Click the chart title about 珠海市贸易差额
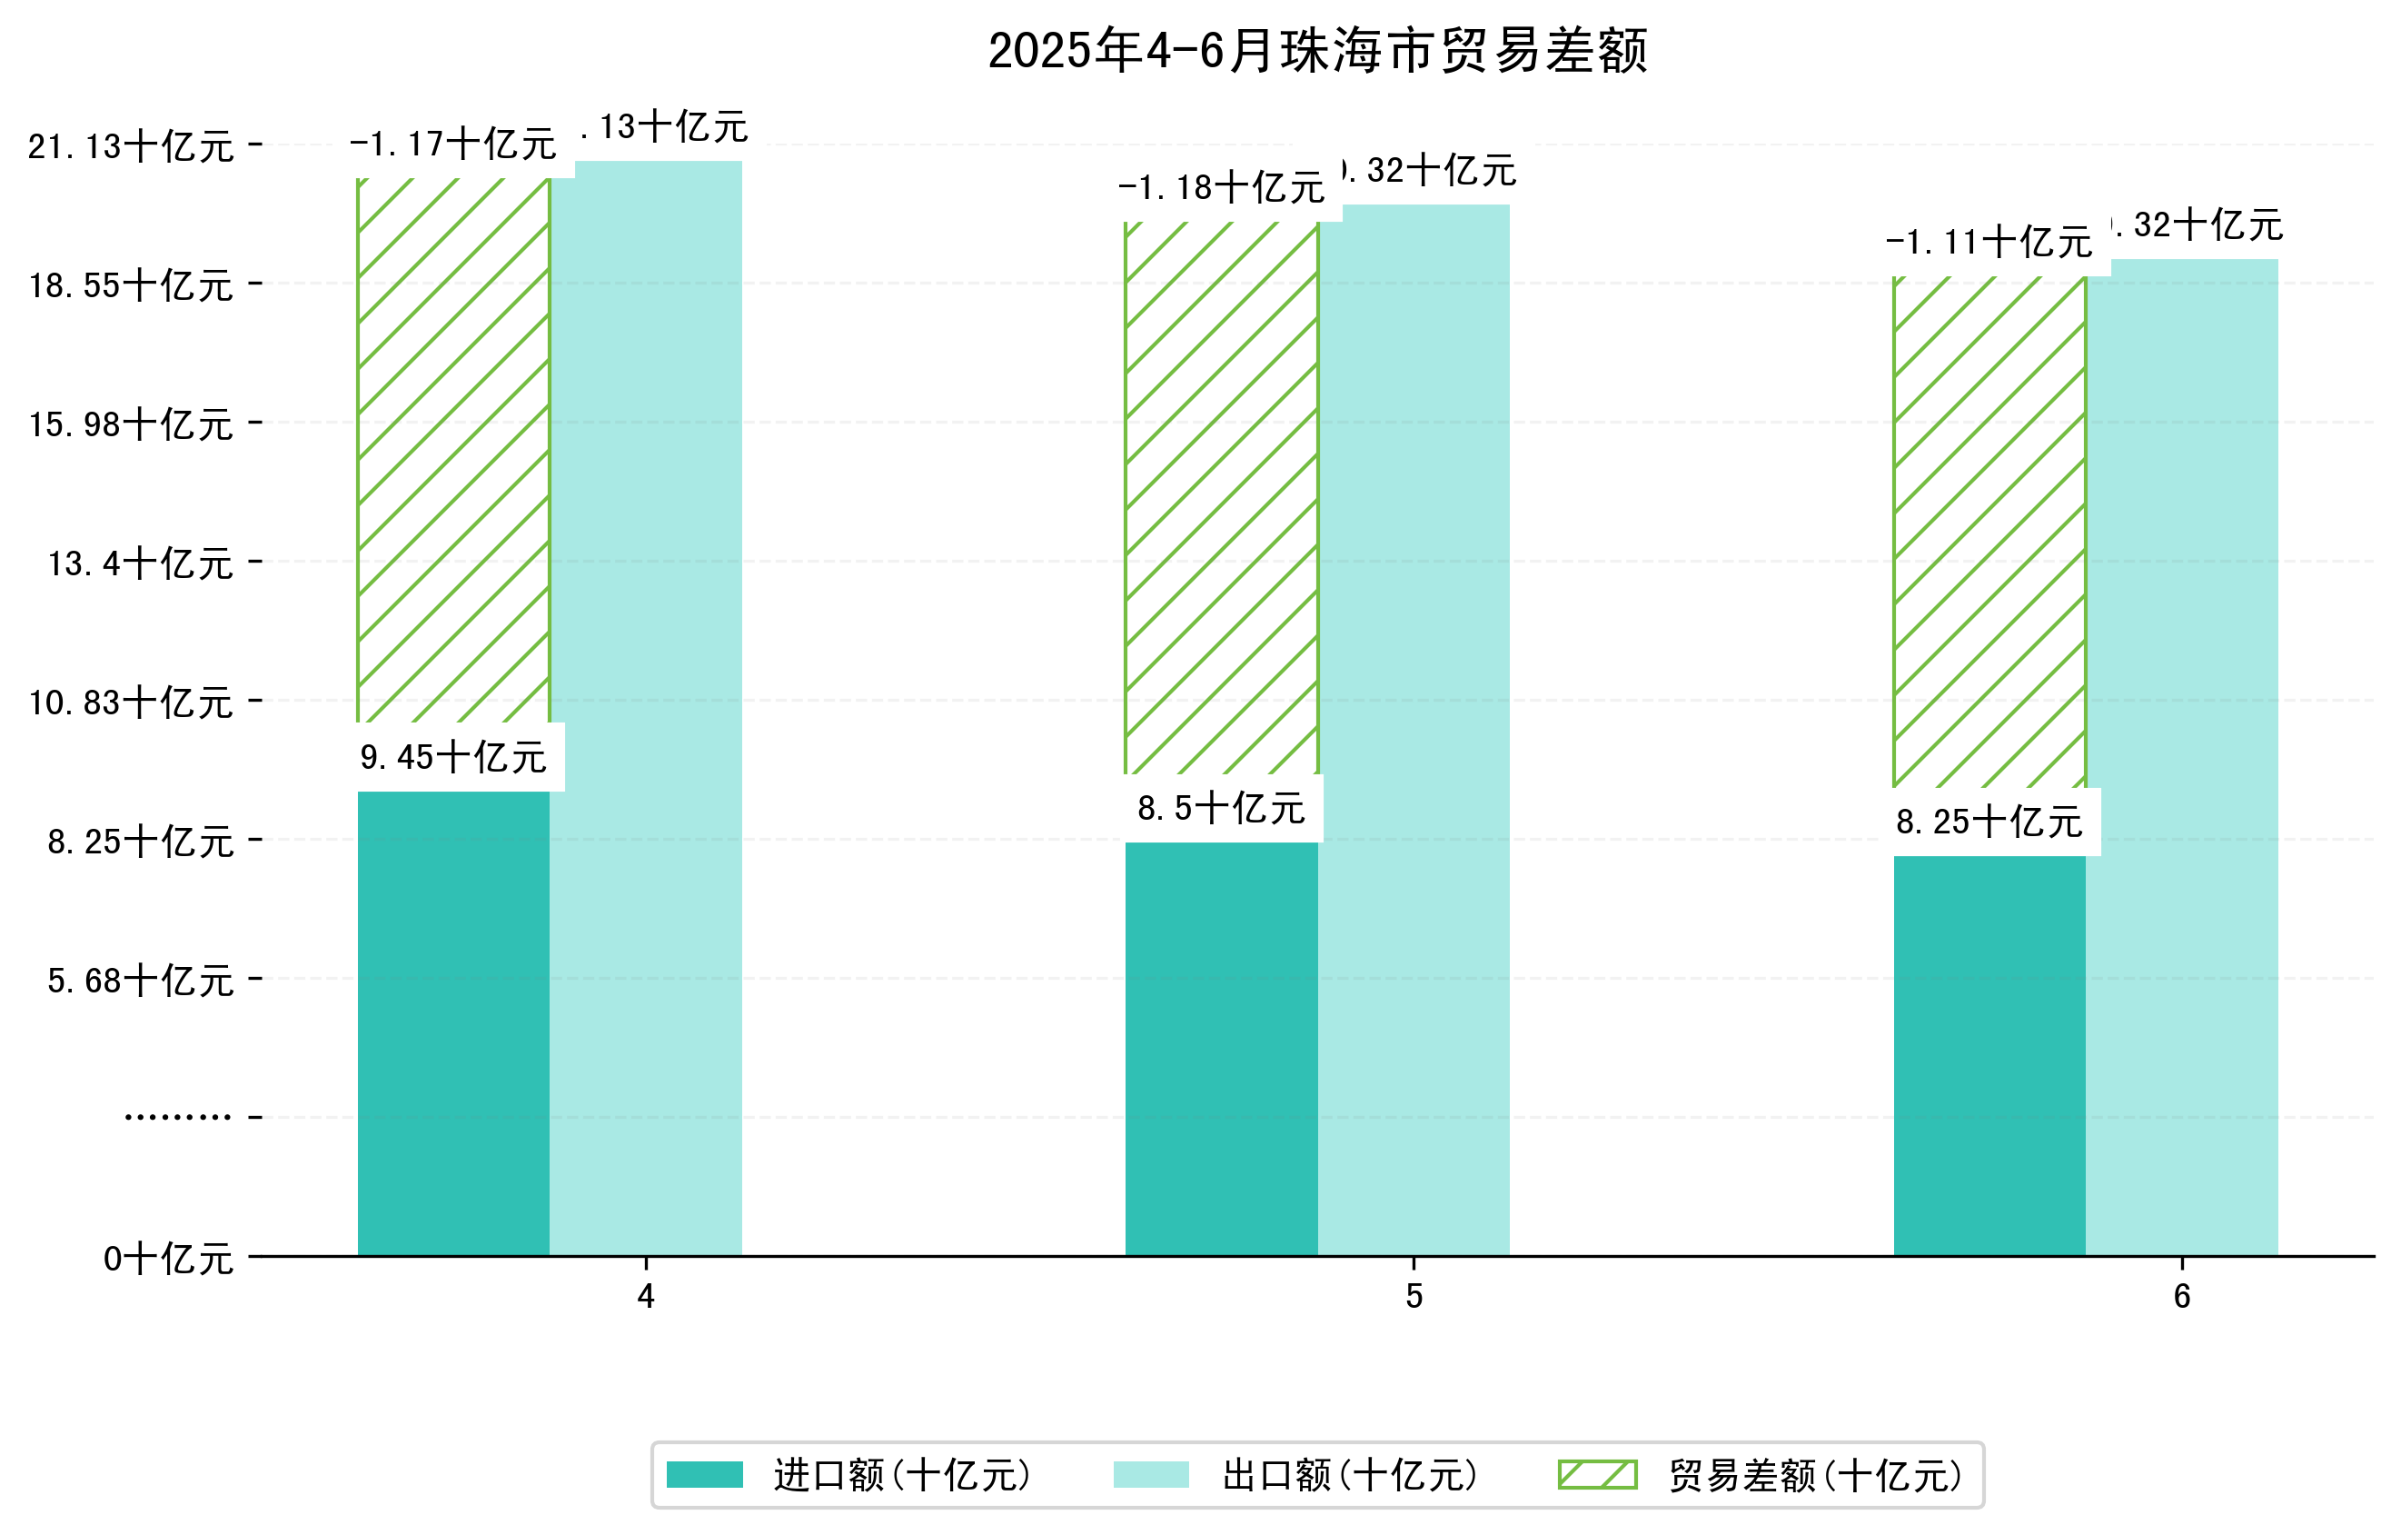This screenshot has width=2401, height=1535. [1317, 51]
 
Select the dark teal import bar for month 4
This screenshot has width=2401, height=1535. [453, 1022]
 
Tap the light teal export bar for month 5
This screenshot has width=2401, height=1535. [1413, 728]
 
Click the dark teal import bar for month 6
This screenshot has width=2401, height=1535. [1989, 1055]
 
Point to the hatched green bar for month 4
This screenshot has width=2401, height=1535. [453, 449]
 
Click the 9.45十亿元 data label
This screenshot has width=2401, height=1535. [453, 757]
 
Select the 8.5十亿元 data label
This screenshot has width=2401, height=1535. [1222, 808]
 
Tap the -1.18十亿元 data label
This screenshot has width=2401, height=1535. [1222, 187]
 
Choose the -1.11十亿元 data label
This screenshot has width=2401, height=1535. [1989, 243]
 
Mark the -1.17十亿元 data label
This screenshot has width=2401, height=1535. [453, 145]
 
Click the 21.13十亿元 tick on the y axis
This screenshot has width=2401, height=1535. [131, 146]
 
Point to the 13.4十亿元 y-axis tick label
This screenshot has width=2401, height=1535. [141, 563]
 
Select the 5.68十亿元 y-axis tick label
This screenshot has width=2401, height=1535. [141, 981]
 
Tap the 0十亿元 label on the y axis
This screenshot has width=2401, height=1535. [168, 1259]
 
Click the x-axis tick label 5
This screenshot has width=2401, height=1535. [1414, 1297]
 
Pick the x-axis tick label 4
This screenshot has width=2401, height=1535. [646, 1297]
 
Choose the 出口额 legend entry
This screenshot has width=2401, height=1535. [1296, 1475]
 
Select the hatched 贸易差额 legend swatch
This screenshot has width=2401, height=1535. [1597, 1474]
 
